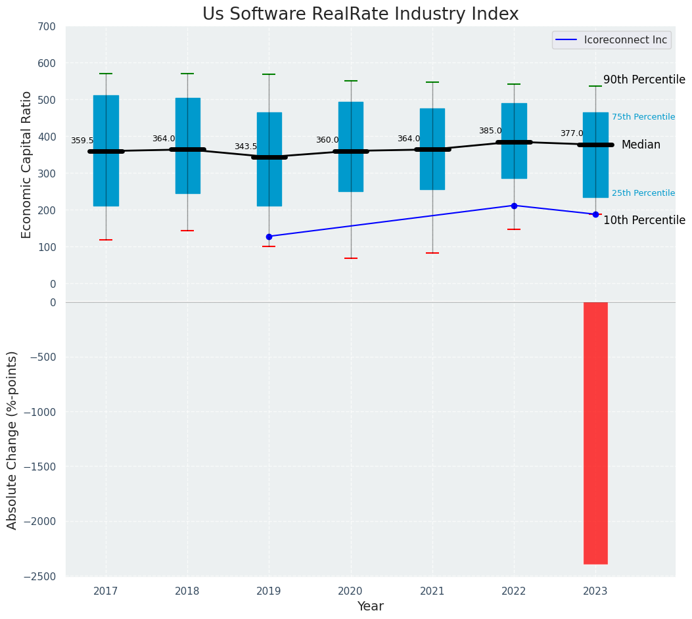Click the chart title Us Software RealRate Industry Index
[x=360, y=14]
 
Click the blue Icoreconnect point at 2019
[x=269, y=237]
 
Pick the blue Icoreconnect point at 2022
[x=514, y=206]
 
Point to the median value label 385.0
[x=490, y=131]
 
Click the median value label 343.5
[x=246, y=147]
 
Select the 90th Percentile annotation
[x=644, y=80]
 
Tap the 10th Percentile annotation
[x=644, y=220]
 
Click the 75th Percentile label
[x=643, y=117]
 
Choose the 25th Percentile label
[x=643, y=193]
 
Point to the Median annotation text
[x=641, y=145]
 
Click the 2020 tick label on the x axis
[x=350, y=591]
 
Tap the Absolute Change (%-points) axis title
[x=12, y=440]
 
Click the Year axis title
[x=370, y=607]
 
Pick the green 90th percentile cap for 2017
[x=106, y=74]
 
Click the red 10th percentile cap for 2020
[x=350, y=258]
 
